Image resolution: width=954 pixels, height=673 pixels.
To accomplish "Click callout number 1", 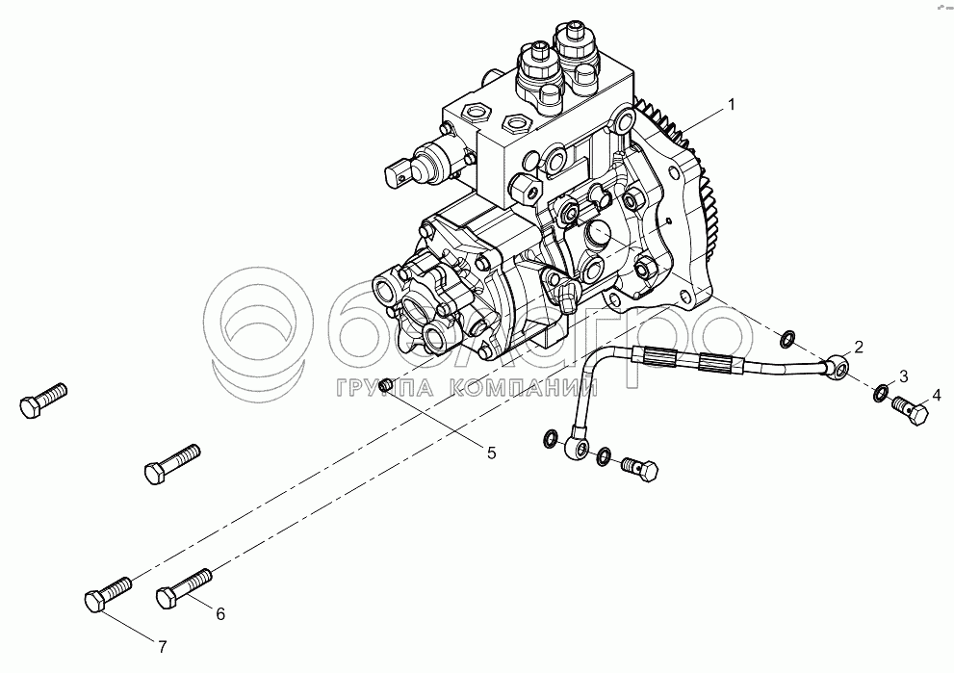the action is pyautogui.click(x=732, y=105).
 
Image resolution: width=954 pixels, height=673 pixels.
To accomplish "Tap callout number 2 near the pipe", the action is pyautogui.click(x=859, y=347).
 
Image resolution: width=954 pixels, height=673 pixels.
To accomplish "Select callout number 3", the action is pyautogui.click(x=904, y=376).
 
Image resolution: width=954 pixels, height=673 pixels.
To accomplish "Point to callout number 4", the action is pyautogui.click(x=937, y=395).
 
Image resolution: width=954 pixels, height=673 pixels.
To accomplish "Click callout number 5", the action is pyautogui.click(x=491, y=453).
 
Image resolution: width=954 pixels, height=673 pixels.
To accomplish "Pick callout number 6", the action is pyautogui.click(x=220, y=614).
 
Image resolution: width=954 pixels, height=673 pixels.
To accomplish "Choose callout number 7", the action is pyautogui.click(x=162, y=647).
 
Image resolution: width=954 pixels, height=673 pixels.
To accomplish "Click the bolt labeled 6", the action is pyautogui.click(x=184, y=588).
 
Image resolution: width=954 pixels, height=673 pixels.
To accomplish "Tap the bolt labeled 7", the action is pyautogui.click(x=108, y=593).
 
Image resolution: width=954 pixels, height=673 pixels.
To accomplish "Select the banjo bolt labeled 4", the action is pyautogui.click(x=910, y=411).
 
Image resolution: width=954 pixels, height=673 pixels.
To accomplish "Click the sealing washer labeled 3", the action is pyautogui.click(x=879, y=393).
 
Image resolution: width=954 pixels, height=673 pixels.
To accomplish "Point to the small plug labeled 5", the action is pyautogui.click(x=384, y=384).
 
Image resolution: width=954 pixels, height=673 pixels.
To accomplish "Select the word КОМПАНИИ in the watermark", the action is pyautogui.click(x=527, y=388).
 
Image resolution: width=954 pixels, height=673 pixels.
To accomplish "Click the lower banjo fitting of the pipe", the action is pyautogui.click(x=576, y=448).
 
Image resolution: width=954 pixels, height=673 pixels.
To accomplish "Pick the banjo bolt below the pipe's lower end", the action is pyautogui.click(x=640, y=470).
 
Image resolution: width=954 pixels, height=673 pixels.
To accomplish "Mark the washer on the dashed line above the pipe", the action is pyautogui.click(x=787, y=340).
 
